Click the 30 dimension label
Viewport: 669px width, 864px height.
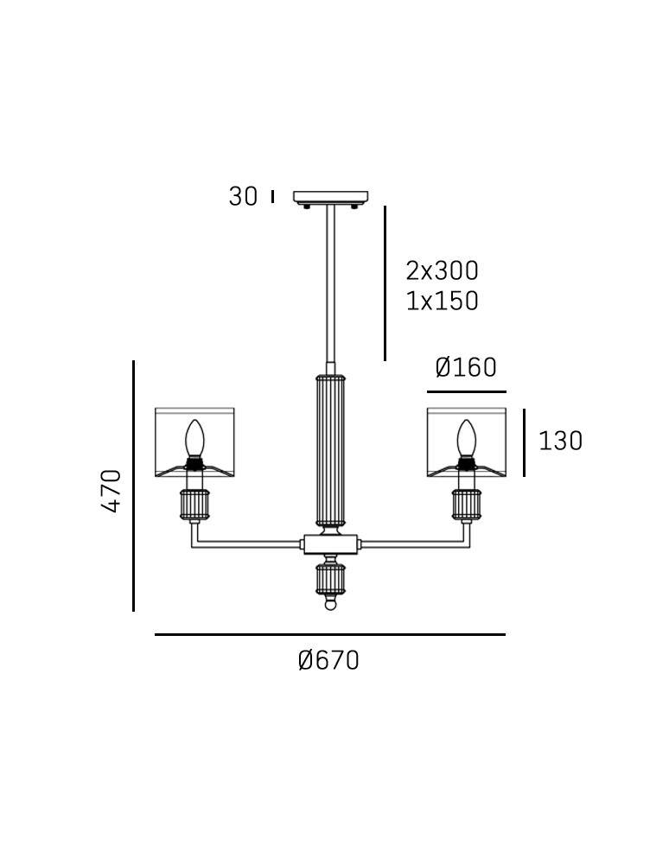point(243,197)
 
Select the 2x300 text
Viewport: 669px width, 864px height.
point(442,270)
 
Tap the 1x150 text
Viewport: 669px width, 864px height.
point(442,302)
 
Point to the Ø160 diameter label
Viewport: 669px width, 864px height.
point(466,368)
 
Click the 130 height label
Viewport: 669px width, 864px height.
point(560,442)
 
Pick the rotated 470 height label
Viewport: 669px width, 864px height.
point(111,491)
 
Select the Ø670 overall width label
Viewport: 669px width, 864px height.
point(328,661)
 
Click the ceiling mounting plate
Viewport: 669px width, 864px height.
point(330,198)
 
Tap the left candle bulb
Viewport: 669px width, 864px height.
point(194,439)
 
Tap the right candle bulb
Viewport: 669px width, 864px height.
point(467,439)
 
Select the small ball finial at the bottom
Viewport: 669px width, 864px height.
point(330,606)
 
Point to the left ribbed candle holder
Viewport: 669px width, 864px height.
point(194,505)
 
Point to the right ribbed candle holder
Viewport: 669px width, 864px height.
point(467,505)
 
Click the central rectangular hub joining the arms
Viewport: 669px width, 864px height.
point(330,544)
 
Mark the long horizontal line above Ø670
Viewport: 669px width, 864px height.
point(329,635)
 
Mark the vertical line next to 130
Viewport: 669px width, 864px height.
point(524,442)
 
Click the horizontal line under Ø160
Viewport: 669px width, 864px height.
point(466,392)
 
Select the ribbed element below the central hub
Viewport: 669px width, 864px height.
point(330,579)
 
